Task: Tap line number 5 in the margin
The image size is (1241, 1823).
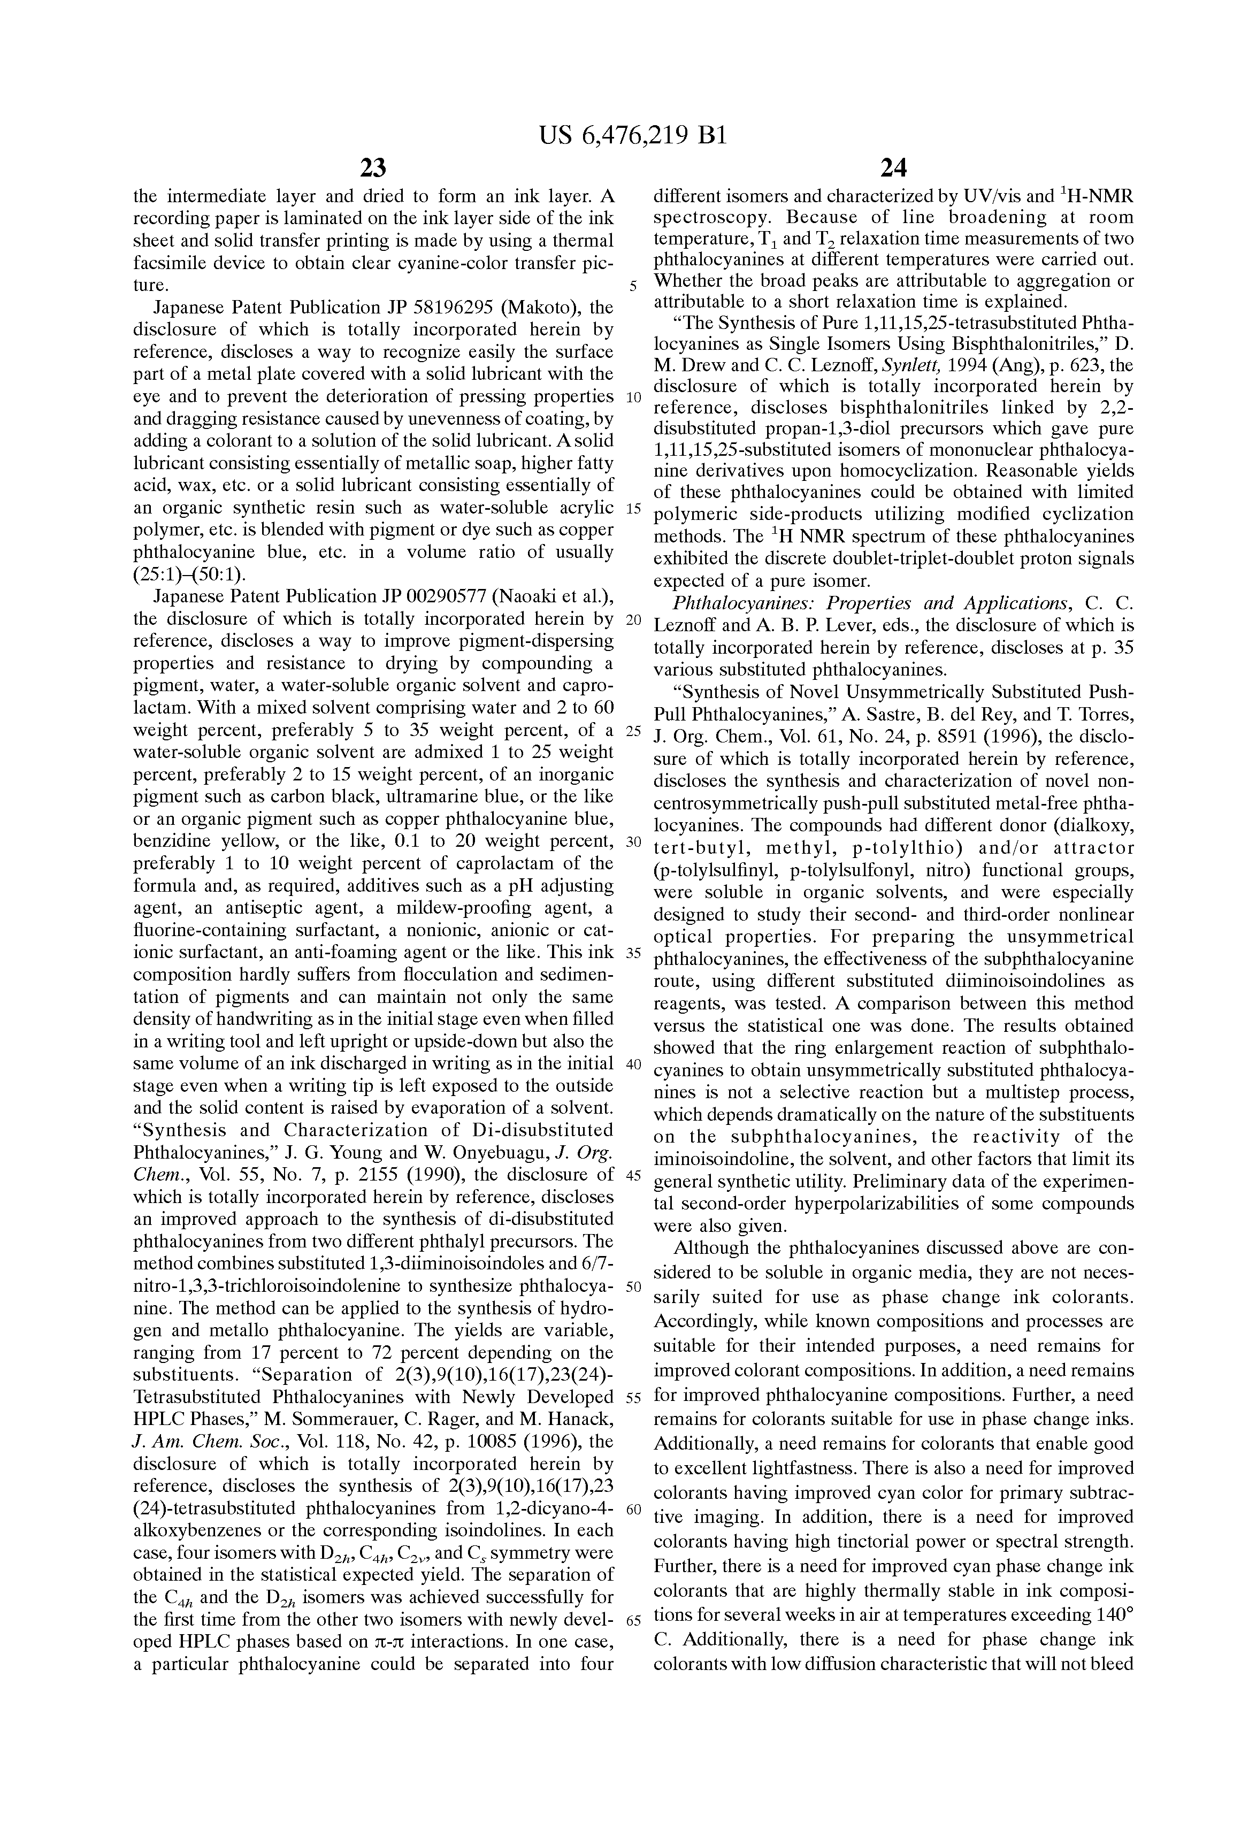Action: point(633,286)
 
